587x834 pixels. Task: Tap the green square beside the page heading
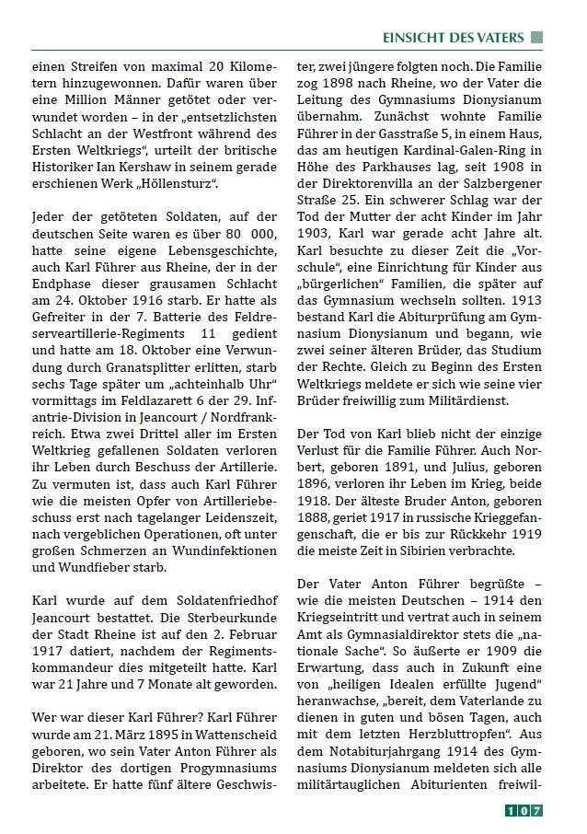[x=538, y=38]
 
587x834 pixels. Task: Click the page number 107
[x=524, y=811]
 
